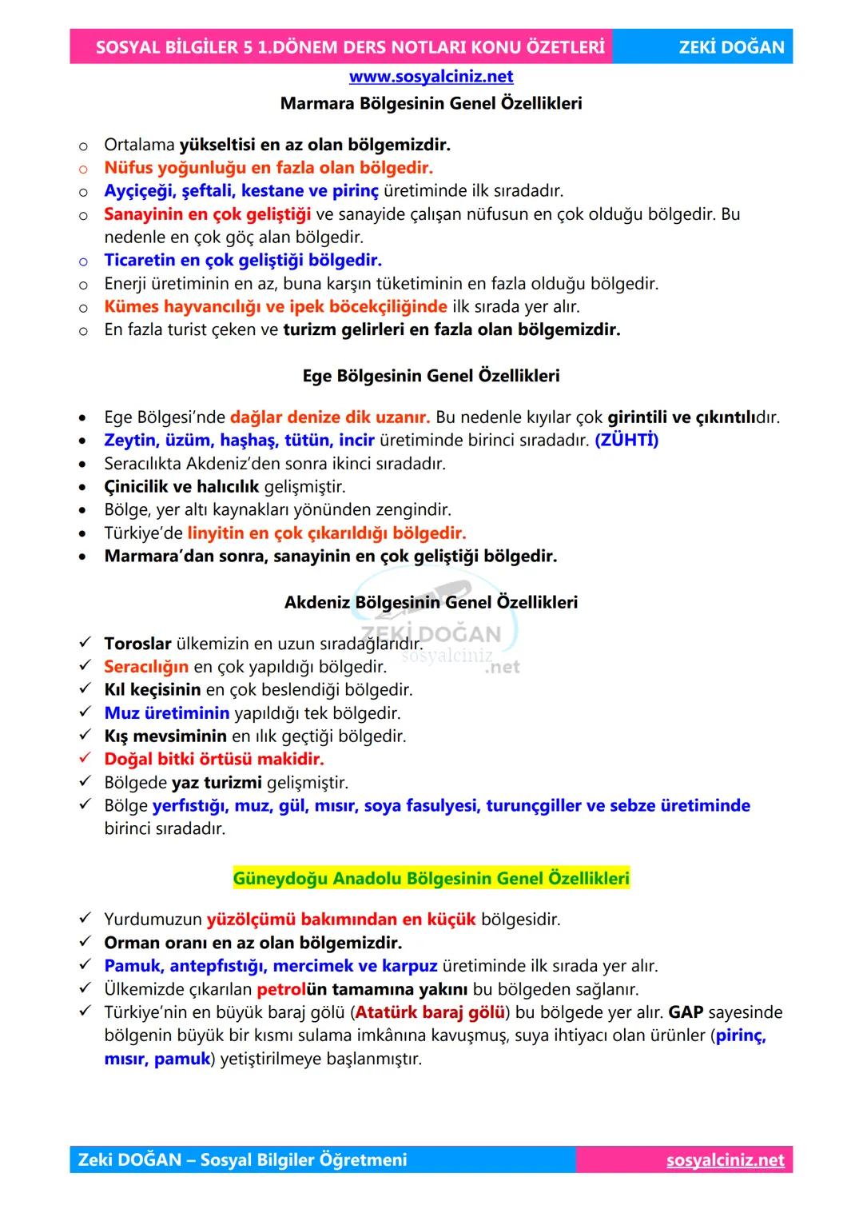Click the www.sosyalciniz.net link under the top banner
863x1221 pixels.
point(431,77)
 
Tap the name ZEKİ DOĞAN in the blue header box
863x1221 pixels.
point(731,47)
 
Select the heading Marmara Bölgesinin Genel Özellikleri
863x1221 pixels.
point(431,103)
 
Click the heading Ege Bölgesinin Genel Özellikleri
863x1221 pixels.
point(431,376)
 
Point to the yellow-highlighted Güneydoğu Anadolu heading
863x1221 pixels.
point(431,878)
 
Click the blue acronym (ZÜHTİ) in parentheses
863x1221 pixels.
point(626,441)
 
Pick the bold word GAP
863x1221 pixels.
point(686,1012)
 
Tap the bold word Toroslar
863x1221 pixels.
point(137,644)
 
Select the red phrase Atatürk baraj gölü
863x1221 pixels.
point(430,1012)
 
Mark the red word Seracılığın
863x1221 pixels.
point(146,667)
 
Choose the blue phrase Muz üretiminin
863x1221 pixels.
point(166,713)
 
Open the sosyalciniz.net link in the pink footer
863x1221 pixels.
point(725,1160)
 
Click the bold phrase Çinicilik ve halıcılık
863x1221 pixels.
point(181,487)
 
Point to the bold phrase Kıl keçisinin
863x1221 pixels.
point(153,690)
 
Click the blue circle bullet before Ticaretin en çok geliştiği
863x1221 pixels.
point(83,261)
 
